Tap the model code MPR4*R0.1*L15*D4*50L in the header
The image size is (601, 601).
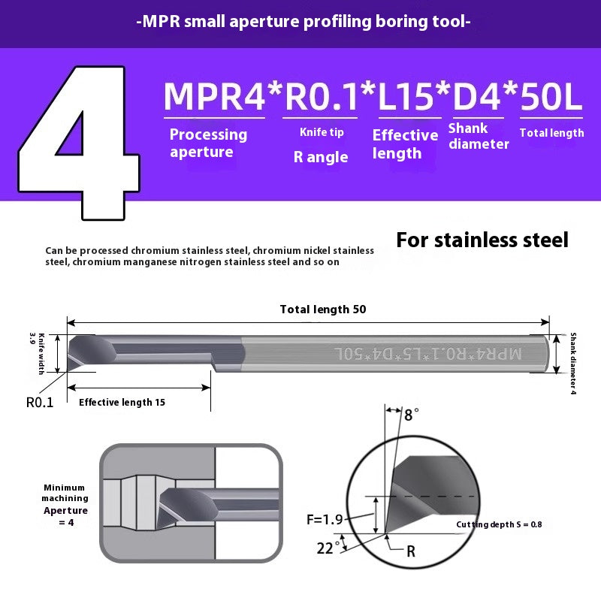click(373, 96)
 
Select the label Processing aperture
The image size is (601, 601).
click(208, 143)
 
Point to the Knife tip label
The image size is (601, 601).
click(322, 132)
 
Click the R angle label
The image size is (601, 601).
click(321, 157)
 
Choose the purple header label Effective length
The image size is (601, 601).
click(405, 144)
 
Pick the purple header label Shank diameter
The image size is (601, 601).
click(479, 136)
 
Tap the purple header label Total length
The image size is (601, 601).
click(551, 133)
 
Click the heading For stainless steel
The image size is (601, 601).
click(482, 240)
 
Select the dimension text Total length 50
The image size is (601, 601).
click(323, 310)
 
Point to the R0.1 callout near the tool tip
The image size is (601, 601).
click(40, 402)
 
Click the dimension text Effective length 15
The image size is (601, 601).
click(122, 402)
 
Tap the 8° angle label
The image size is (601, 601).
click(411, 414)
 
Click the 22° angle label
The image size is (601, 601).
click(325, 548)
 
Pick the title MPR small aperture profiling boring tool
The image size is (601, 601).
click(304, 22)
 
